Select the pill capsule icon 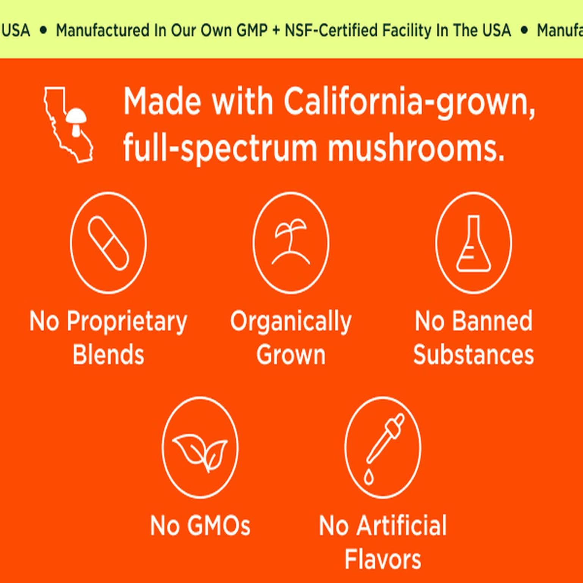(108, 243)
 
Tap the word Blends (108, 354)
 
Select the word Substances (473, 354)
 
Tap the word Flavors (383, 559)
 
